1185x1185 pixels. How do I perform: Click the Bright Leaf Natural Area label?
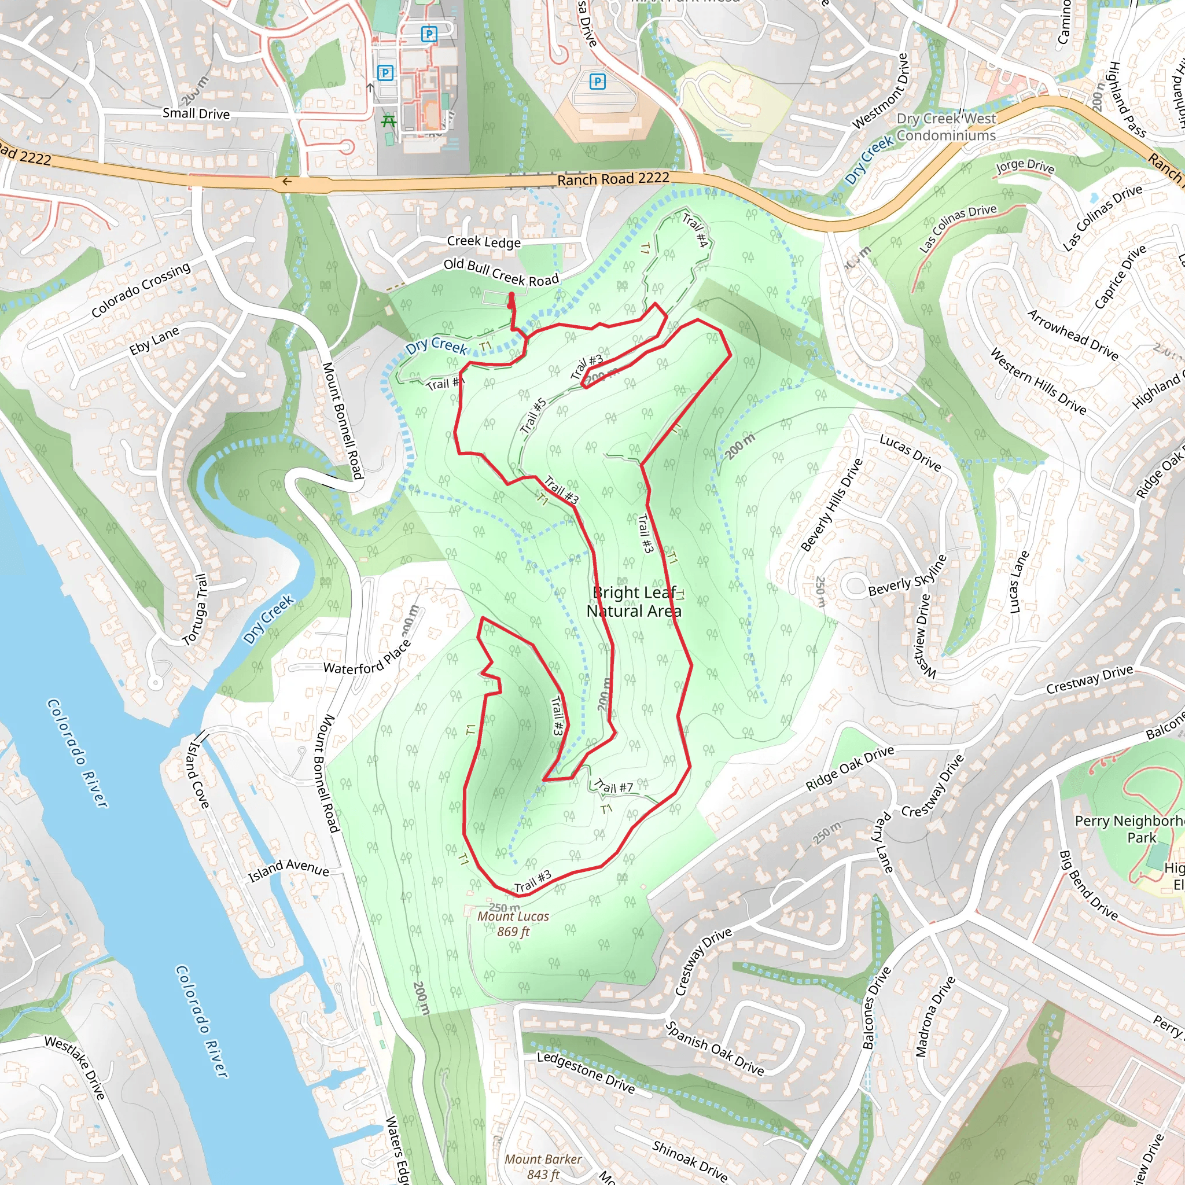pyautogui.click(x=634, y=602)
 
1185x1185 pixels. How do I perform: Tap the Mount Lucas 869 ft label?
pyautogui.click(x=513, y=923)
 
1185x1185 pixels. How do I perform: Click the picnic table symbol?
pyautogui.click(x=388, y=122)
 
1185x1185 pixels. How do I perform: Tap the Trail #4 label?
pyautogui.click(x=696, y=230)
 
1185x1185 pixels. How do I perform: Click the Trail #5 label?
pyautogui.click(x=533, y=415)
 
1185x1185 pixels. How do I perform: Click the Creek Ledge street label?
pyautogui.click(x=483, y=242)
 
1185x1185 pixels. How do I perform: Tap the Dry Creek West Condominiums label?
pyautogui.click(x=946, y=127)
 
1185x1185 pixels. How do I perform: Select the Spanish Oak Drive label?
pyautogui.click(x=715, y=1048)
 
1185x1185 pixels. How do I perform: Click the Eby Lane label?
pyautogui.click(x=154, y=340)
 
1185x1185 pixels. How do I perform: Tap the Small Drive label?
pyautogui.click(x=196, y=113)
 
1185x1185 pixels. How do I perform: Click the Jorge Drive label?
pyautogui.click(x=1025, y=165)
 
